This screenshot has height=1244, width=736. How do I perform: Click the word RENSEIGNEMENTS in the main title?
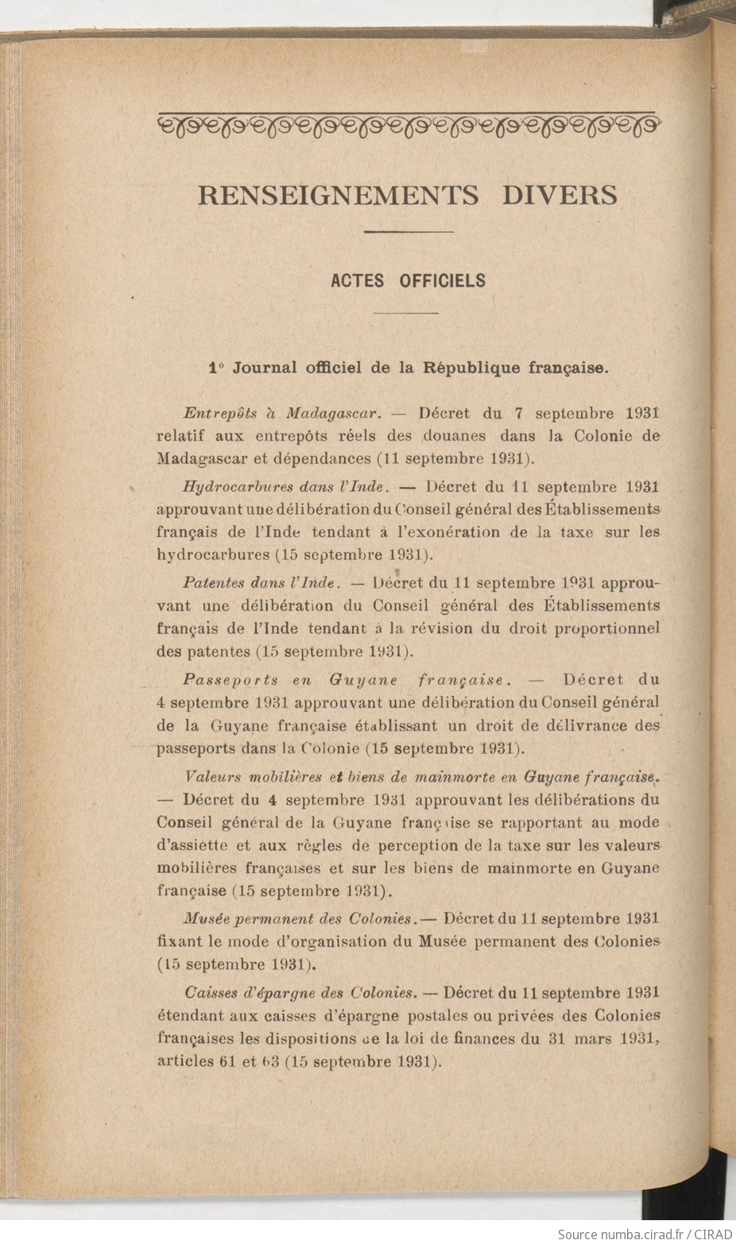click(338, 195)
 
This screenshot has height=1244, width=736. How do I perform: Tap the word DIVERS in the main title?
click(560, 195)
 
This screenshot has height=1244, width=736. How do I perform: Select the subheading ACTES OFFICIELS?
click(408, 280)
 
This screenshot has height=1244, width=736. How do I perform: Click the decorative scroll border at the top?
click(409, 123)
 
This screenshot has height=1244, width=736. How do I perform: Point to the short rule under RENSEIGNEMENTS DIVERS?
click(409, 232)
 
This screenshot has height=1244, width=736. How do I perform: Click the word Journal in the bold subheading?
click(265, 368)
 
